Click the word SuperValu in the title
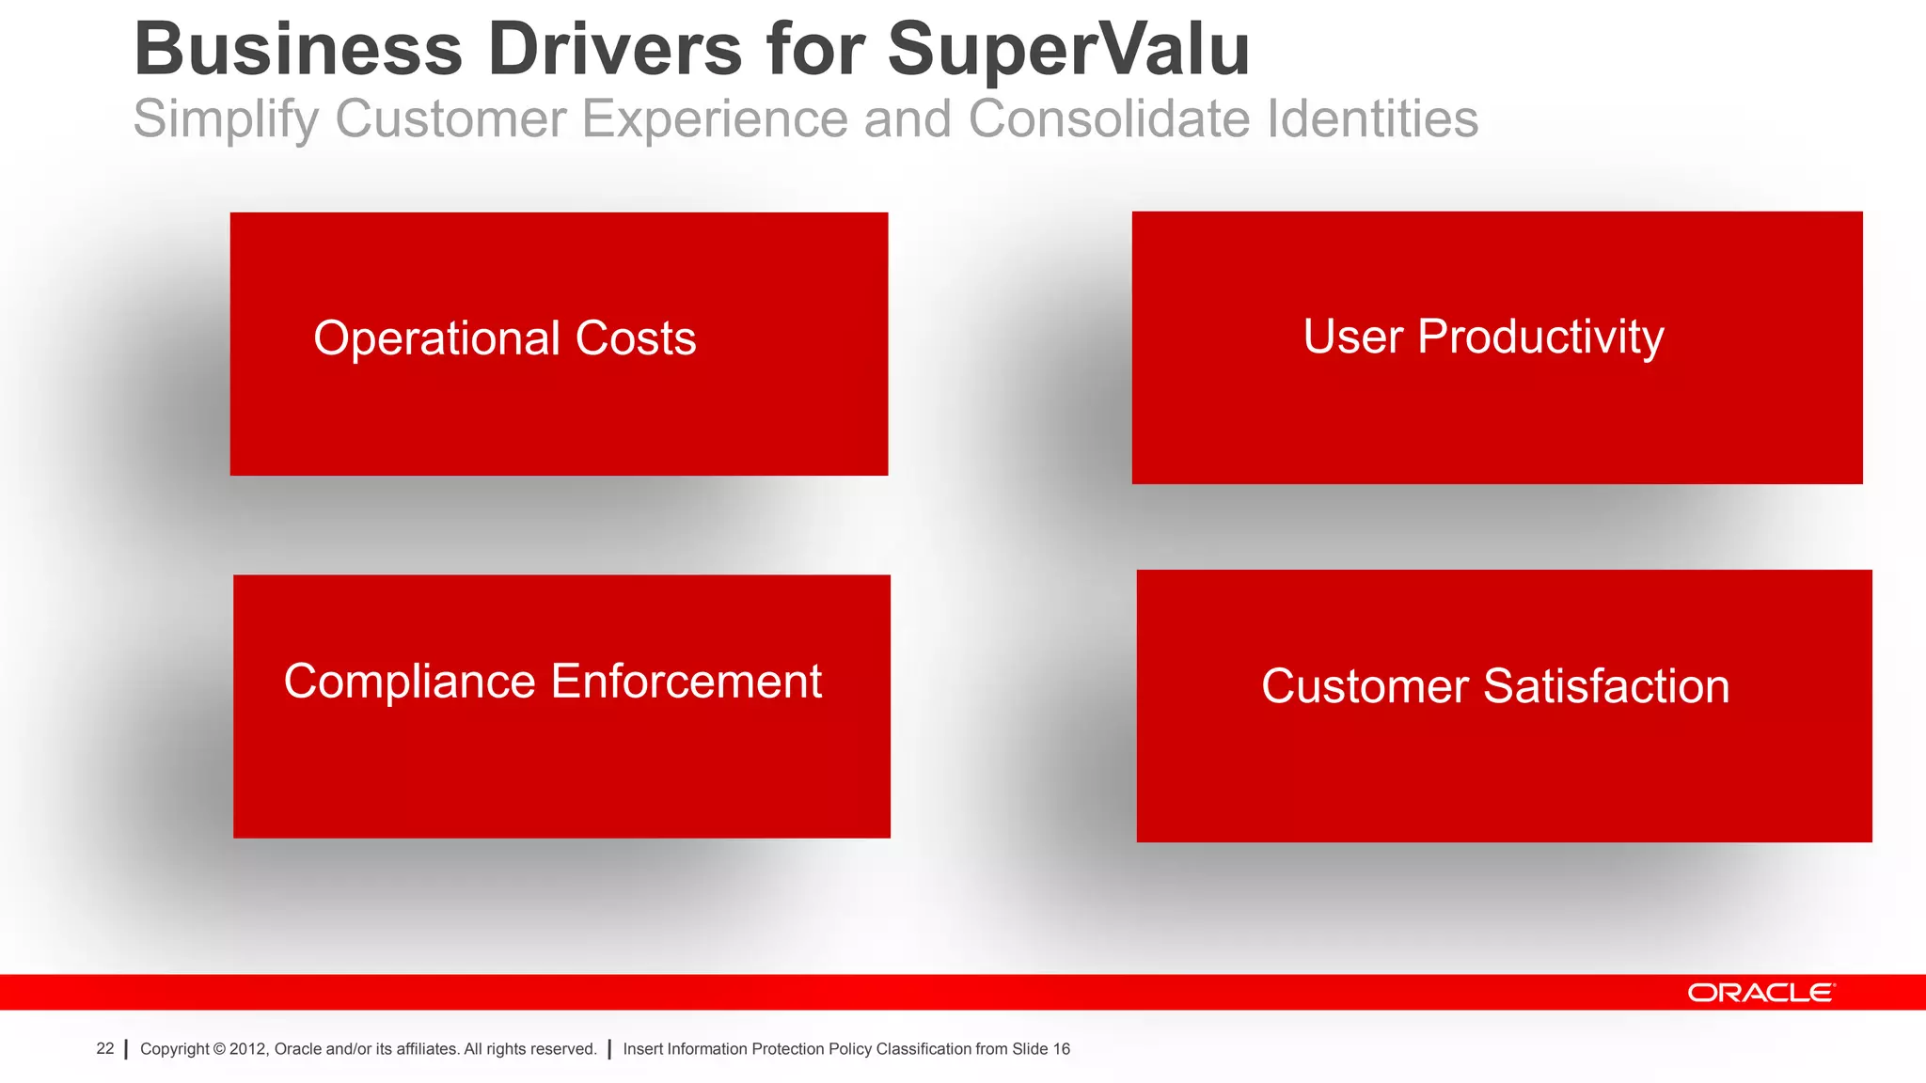1068,51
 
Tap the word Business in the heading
298,51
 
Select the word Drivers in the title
614,51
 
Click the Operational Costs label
504,338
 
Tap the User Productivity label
1483,337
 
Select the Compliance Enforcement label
553,682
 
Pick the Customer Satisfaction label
1495,686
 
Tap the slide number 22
105,1049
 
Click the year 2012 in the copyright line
248,1049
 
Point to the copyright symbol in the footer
219,1049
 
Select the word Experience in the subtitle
714,120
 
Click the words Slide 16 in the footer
1041,1049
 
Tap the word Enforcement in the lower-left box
687,682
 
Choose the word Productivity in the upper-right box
1539,337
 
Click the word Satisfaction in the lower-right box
1606,686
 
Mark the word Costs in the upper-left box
636,338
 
